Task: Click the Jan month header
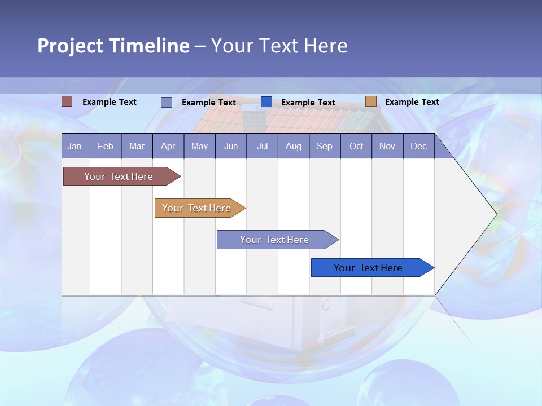(x=75, y=147)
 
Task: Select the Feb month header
(x=106, y=147)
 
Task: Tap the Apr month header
(x=168, y=147)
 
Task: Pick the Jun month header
(x=231, y=147)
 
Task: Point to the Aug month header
(x=294, y=147)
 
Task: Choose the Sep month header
(x=325, y=147)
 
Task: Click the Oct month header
(x=356, y=147)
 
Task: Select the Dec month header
(x=419, y=147)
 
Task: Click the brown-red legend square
(x=67, y=101)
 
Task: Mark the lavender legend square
(x=167, y=102)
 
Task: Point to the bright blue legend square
(x=266, y=102)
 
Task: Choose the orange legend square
(x=371, y=101)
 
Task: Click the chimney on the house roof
(x=255, y=119)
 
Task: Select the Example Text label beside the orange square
(x=412, y=102)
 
